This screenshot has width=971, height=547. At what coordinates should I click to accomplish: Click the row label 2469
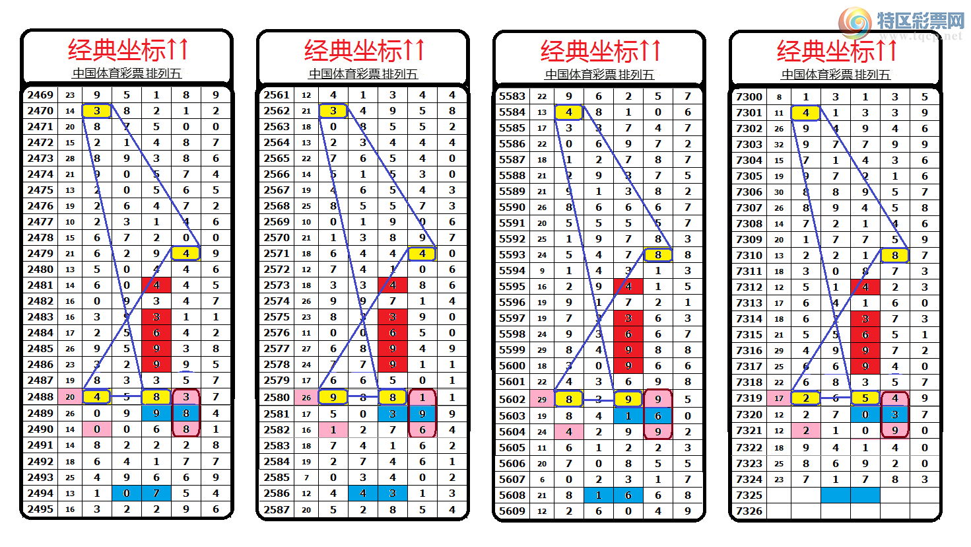(40, 95)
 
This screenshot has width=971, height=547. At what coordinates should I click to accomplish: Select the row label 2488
(40, 397)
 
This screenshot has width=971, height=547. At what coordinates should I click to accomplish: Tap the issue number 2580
(277, 398)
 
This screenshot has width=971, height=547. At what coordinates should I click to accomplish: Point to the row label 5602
(512, 400)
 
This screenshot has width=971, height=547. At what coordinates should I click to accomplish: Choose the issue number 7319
(749, 398)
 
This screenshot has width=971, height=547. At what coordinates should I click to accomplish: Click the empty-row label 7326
(749, 511)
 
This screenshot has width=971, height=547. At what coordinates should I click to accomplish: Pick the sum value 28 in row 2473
(70, 159)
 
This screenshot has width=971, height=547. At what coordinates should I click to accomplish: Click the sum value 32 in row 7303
(779, 145)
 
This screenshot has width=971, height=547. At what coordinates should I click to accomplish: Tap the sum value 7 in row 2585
(306, 478)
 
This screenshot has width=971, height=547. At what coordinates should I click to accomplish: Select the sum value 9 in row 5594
(542, 271)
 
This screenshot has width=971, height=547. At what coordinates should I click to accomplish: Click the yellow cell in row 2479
(186, 254)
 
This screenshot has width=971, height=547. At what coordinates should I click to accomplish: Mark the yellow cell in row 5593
(658, 255)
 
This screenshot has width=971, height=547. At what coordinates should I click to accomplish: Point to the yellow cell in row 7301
(806, 113)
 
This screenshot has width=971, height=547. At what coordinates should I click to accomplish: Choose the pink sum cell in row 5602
(542, 400)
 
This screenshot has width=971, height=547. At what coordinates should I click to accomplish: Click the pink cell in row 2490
(97, 429)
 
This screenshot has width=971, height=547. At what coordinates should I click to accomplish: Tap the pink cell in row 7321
(806, 431)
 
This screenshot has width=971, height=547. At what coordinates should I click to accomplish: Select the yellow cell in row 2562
(333, 111)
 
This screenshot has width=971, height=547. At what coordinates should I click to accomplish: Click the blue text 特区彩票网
(920, 21)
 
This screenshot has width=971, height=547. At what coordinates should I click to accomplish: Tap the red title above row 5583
(599, 51)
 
